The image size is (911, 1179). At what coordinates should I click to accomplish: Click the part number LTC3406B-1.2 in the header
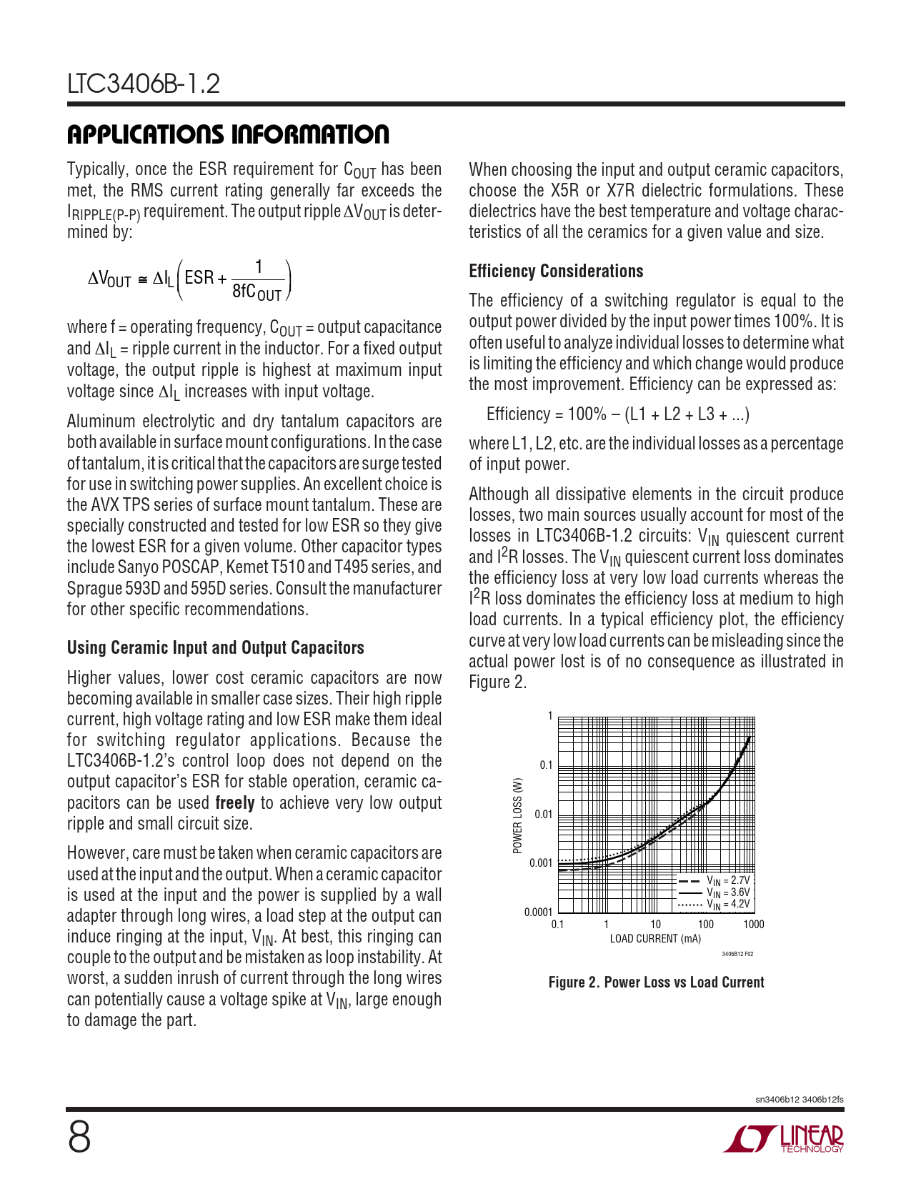pyautogui.click(x=144, y=84)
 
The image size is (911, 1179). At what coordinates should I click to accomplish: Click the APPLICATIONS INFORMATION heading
pyautogui.click(x=228, y=134)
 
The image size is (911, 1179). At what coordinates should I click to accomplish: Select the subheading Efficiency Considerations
pyautogui.click(x=556, y=272)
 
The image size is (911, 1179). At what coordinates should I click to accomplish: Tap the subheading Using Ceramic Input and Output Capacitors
pyautogui.click(x=215, y=648)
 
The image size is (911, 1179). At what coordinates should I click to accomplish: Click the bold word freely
pyautogui.click(x=235, y=803)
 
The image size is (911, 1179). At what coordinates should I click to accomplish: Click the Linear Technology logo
pyautogui.click(x=784, y=1138)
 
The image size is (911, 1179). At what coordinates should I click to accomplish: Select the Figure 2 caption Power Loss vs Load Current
pyautogui.click(x=656, y=983)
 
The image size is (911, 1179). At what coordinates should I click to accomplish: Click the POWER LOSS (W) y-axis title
pyautogui.click(x=518, y=815)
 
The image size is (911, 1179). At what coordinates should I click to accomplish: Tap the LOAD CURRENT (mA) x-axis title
pyautogui.click(x=655, y=939)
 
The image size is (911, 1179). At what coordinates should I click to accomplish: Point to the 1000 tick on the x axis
pyautogui.click(x=753, y=925)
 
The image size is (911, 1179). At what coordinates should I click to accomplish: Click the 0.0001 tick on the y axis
pyautogui.click(x=538, y=912)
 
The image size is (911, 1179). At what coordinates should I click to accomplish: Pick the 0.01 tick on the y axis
pyautogui.click(x=543, y=815)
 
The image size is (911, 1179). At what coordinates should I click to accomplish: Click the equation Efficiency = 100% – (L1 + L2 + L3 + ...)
pyautogui.click(x=618, y=414)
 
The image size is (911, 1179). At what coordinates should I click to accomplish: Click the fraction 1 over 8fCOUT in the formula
pyautogui.click(x=258, y=280)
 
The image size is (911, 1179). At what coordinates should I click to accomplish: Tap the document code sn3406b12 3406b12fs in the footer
pyautogui.click(x=799, y=1099)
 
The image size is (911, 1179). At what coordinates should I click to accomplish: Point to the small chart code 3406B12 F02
pyautogui.click(x=737, y=955)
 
